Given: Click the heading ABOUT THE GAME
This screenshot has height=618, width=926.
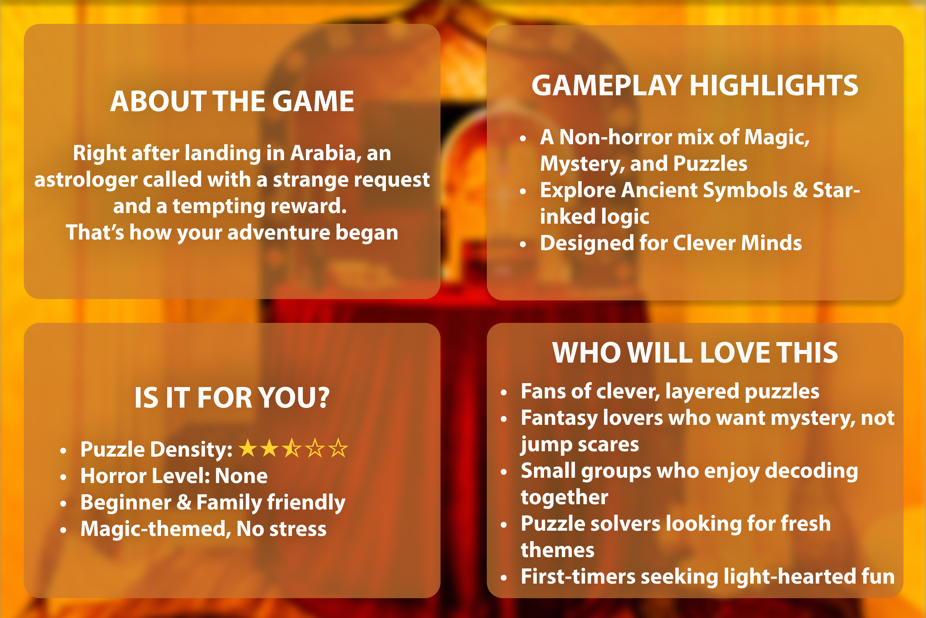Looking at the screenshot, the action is pos(232,101).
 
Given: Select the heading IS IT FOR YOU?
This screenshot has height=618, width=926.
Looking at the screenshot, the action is pos(232,397).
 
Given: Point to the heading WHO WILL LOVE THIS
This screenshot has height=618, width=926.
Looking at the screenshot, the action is pos(695,352).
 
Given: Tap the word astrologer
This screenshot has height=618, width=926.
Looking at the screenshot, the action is pos(86,180).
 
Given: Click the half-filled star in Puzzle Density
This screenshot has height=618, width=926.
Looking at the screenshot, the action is pos(292,448).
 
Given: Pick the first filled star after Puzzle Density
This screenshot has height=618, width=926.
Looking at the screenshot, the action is pos(248,448).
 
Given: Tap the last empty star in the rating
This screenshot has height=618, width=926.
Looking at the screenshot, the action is pos(338,448).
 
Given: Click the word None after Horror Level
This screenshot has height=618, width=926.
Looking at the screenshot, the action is pos(241,476).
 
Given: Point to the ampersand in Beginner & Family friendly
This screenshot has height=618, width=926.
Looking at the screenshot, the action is pos(184,502).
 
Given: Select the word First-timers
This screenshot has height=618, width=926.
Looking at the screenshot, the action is pos(578,577).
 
